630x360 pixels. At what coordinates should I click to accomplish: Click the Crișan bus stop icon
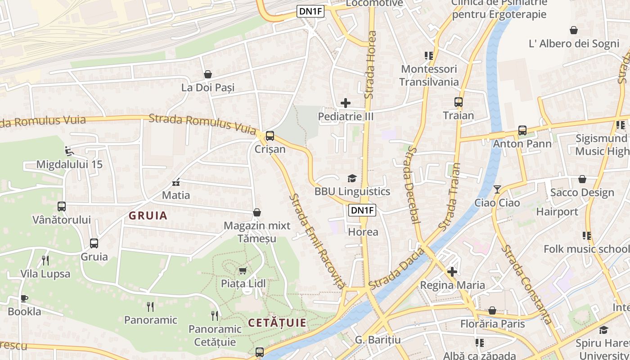[270, 135]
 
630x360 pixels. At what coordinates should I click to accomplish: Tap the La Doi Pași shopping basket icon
[208, 74]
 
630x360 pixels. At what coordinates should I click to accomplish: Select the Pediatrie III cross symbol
[346, 103]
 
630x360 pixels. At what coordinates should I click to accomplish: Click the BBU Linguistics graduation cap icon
[352, 178]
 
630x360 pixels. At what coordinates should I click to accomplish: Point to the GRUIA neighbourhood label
[148, 216]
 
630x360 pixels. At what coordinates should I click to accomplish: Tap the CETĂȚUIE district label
[277, 323]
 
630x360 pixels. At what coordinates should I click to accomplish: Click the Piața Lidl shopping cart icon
[243, 270]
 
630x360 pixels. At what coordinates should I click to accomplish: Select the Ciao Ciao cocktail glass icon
[497, 189]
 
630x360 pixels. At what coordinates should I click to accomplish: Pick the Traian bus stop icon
[459, 102]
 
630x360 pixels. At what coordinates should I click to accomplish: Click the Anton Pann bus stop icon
[522, 130]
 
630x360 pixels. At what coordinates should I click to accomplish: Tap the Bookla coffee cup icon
[24, 298]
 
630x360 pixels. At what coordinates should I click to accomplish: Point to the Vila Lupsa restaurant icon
[45, 260]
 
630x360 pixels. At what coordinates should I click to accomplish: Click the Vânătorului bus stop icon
[62, 207]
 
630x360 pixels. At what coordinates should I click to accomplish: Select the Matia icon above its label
[176, 182]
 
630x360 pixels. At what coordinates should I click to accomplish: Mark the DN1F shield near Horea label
[362, 210]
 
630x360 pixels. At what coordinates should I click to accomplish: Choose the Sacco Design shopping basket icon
[582, 179]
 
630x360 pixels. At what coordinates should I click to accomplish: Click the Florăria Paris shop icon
[492, 310]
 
